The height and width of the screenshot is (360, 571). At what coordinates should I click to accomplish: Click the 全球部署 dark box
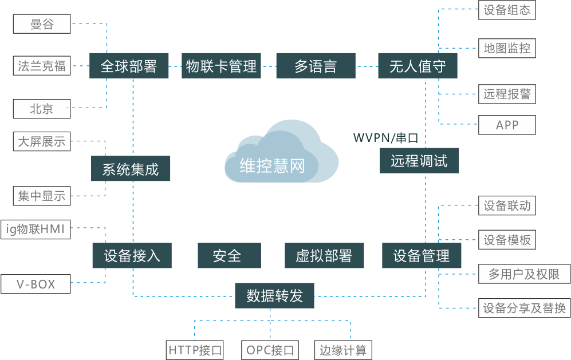tap(129, 66)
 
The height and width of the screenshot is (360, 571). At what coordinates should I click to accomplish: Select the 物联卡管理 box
tap(222, 66)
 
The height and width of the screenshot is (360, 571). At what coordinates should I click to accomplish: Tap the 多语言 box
tap(316, 66)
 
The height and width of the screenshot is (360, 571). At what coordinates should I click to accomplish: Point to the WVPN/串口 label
tap(385, 138)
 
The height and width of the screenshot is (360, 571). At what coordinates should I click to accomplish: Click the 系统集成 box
tap(131, 169)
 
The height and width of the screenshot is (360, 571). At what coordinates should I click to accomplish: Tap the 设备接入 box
tap(132, 255)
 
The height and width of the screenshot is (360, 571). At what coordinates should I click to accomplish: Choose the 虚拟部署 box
tap(324, 255)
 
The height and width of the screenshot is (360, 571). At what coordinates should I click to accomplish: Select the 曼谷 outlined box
tap(41, 25)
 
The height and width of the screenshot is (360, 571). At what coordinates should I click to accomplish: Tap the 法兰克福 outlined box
tap(41, 66)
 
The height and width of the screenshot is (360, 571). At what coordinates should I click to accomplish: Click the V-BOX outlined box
tap(36, 284)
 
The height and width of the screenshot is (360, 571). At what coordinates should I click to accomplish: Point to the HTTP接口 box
tap(195, 350)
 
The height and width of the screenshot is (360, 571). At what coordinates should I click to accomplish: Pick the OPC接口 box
tap(270, 350)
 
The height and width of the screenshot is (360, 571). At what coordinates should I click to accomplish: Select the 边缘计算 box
tap(343, 350)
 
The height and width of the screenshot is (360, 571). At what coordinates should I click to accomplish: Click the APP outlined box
tap(507, 125)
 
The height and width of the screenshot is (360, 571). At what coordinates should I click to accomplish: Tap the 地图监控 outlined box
tap(507, 48)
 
